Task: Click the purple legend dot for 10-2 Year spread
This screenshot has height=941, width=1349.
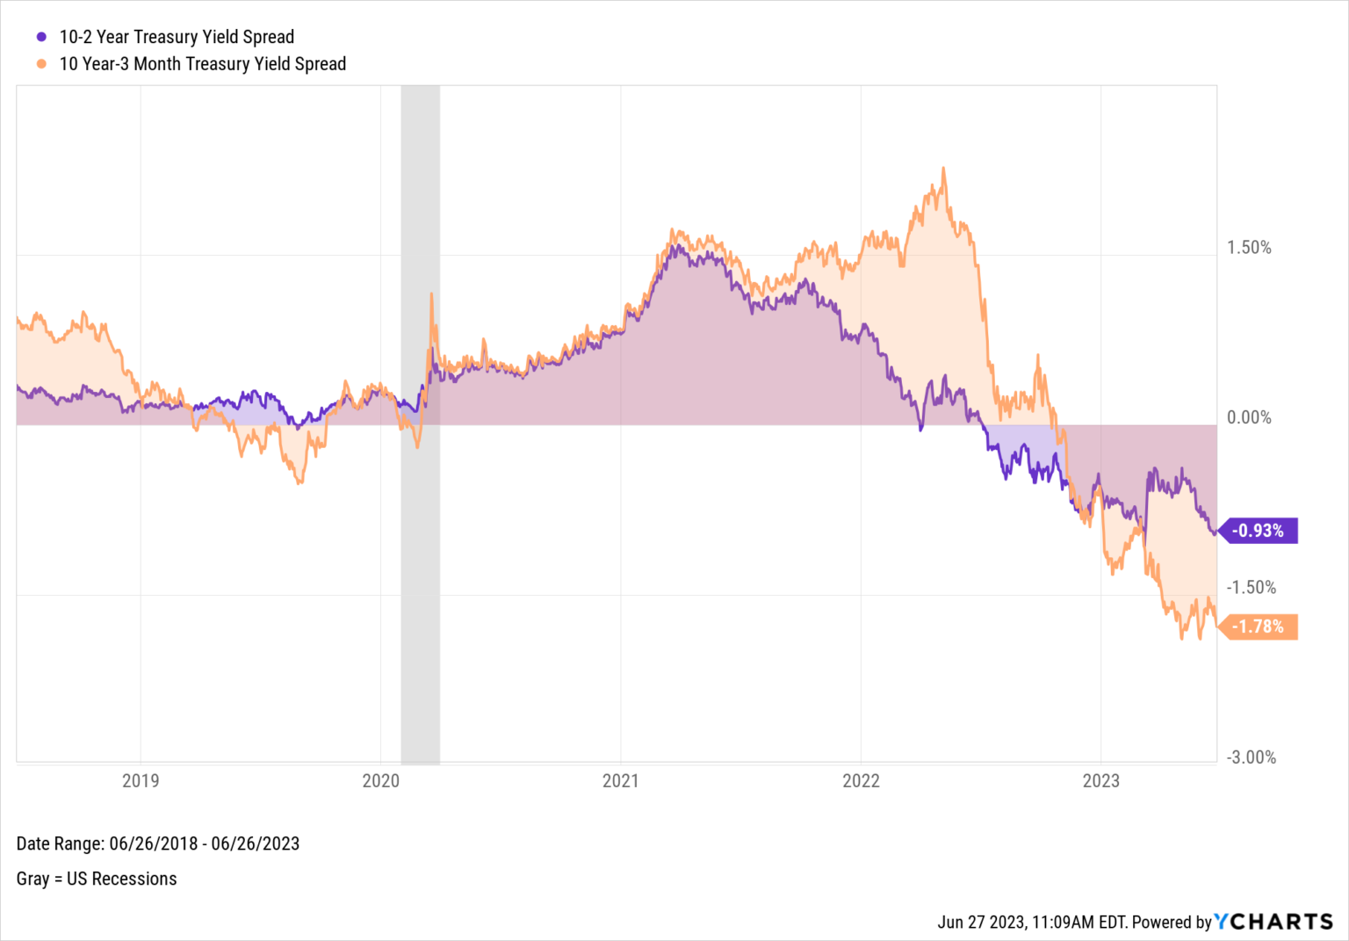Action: click(41, 37)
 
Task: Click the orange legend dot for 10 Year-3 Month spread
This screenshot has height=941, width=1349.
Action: click(41, 64)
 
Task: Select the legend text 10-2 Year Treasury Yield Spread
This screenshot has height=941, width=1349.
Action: click(177, 37)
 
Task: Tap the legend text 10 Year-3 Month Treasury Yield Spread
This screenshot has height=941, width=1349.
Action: click(202, 64)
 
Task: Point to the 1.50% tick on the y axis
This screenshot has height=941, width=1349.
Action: click(1249, 248)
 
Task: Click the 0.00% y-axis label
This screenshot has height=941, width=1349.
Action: click(1249, 417)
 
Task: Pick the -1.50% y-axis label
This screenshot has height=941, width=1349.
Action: click(1251, 587)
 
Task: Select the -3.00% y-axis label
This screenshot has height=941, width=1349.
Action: click(1251, 757)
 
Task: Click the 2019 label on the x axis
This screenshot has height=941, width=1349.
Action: click(141, 780)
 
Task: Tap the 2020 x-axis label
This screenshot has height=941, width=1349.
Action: click(380, 780)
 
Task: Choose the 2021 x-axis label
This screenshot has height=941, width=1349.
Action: click(620, 780)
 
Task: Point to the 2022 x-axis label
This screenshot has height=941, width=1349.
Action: click(861, 780)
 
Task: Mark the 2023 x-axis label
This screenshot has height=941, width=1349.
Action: click(1100, 780)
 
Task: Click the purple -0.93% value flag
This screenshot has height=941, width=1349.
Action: click(1259, 531)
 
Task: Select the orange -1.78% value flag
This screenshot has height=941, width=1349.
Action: click(1259, 626)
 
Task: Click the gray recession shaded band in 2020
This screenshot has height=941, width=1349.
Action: click(420, 571)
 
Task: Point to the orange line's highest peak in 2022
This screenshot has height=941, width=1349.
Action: click(944, 169)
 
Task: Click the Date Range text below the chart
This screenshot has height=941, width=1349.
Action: click(158, 843)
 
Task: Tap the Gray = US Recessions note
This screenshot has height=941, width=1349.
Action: click(97, 879)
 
